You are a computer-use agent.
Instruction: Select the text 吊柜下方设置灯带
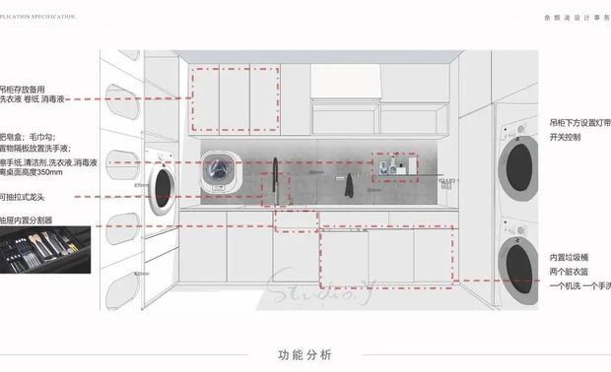(x=579, y=123)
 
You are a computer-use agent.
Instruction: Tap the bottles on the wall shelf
(x=394, y=165)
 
